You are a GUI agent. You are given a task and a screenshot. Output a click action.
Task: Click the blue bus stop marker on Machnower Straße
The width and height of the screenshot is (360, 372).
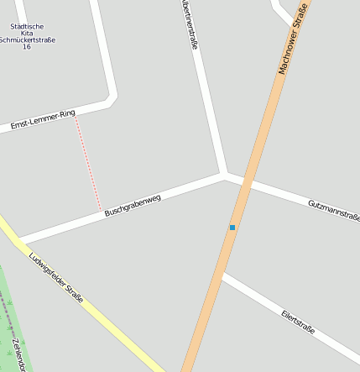pos(232,227)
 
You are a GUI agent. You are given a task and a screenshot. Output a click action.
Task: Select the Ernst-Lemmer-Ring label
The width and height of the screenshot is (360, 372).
pos(43,118)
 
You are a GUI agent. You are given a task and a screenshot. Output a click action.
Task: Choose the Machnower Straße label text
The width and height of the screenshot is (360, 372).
pos(294,38)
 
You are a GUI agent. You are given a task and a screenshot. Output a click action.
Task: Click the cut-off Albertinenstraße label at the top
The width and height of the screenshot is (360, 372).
pos(188,25)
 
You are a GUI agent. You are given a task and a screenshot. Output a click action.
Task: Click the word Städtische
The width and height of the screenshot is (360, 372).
pos(27,26)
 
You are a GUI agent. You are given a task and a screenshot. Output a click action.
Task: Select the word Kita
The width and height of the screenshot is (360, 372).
pos(27,33)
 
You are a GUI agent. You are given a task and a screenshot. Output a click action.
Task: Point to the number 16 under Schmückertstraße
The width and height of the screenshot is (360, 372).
pos(27,47)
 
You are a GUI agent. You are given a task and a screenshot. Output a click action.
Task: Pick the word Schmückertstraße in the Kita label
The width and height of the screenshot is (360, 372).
pos(27,39)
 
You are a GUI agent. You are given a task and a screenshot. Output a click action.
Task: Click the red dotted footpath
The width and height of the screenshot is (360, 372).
pos(88,164)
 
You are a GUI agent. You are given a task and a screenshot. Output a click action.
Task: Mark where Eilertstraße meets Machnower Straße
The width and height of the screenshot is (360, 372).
pos(221,275)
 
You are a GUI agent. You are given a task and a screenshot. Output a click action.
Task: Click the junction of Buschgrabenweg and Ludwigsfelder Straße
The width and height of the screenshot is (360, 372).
pos(18,240)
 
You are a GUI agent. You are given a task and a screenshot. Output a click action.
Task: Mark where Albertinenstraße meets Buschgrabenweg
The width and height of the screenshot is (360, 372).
pos(224,175)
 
